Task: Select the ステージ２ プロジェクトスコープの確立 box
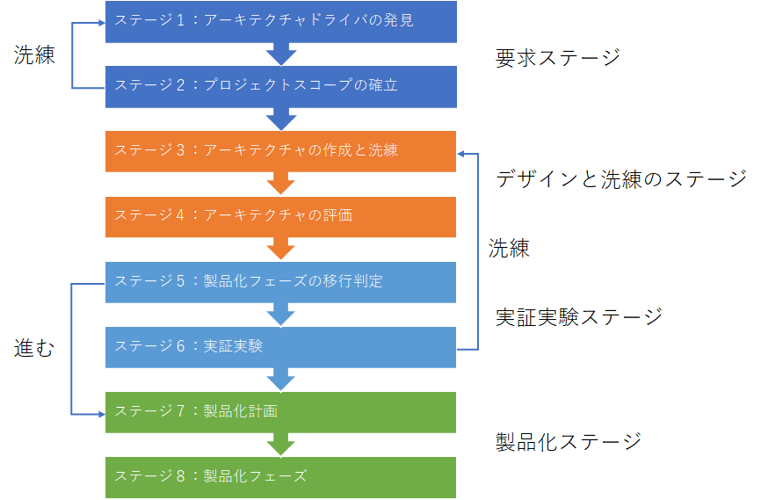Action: (280, 85)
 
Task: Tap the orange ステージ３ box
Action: (280, 150)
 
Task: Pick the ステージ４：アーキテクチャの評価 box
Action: (280, 215)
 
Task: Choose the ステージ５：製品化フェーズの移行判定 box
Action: (280, 281)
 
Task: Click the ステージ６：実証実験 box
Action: (280, 346)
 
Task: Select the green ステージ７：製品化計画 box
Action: (280, 411)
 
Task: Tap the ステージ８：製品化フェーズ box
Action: (280, 476)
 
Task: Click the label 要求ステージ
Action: (557, 59)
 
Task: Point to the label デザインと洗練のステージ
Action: (620, 179)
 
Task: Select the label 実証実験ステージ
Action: (578, 316)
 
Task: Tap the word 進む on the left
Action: (34, 349)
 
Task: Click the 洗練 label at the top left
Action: (34, 55)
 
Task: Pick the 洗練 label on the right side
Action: (509, 249)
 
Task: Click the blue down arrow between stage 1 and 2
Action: (281, 54)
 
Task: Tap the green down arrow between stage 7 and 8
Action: (281, 444)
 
